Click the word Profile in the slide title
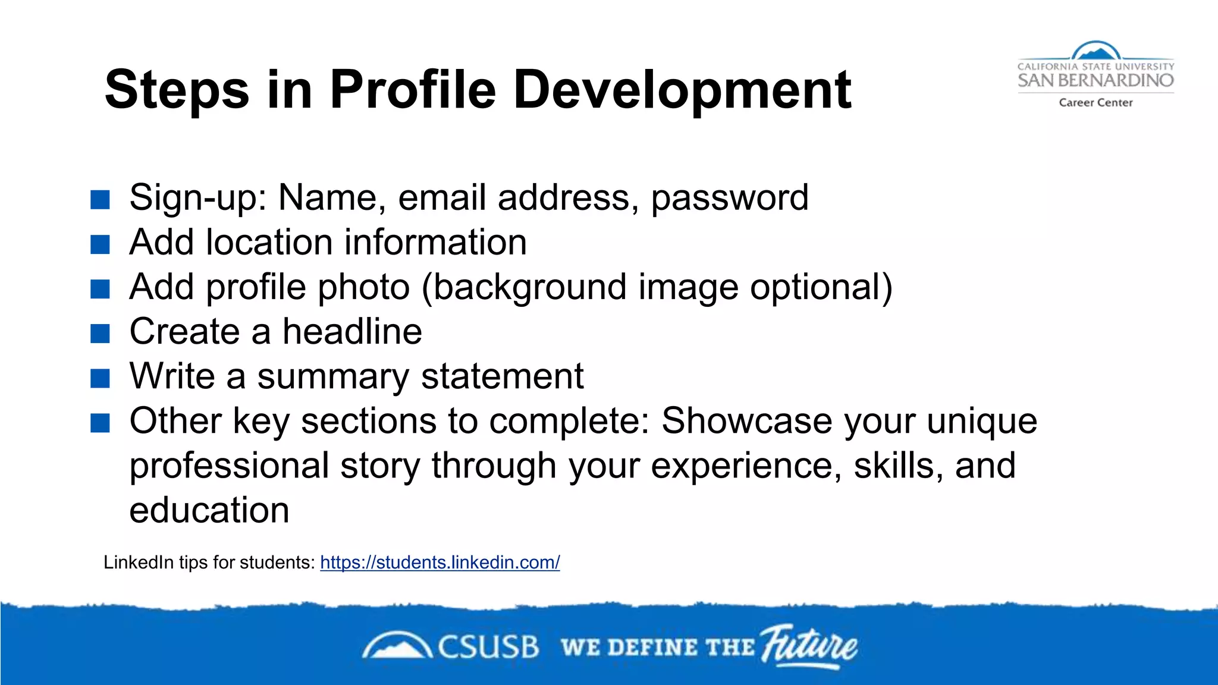click(x=412, y=89)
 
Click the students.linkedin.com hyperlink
click(x=440, y=562)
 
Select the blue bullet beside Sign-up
click(x=100, y=200)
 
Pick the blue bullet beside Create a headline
click(x=100, y=334)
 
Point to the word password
click(x=730, y=198)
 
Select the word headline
click(x=352, y=331)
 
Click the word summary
click(x=333, y=377)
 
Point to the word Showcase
click(x=747, y=421)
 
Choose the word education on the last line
click(x=209, y=510)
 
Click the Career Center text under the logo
click(x=1095, y=102)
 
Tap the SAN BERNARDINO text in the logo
click(x=1095, y=80)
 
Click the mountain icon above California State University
click(x=1095, y=51)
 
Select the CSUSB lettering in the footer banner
click(x=488, y=647)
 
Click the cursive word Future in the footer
click(x=809, y=646)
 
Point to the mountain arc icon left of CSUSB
click(x=397, y=646)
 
